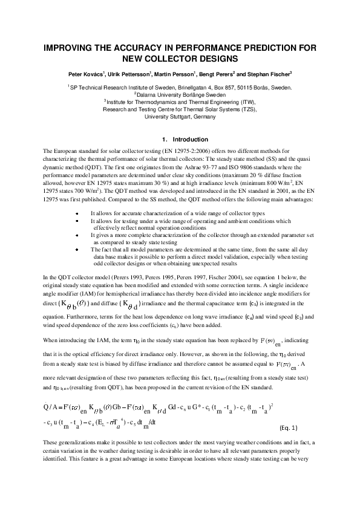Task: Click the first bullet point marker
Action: point(76,197)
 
